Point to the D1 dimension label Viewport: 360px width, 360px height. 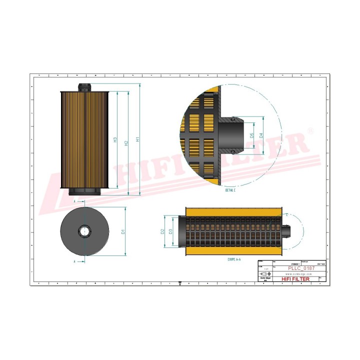click(122, 231)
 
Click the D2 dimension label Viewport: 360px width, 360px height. click(162, 231)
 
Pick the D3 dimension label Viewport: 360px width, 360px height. click(171, 231)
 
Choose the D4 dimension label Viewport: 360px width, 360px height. click(261, 135)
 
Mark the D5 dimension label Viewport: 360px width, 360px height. click(252, 135)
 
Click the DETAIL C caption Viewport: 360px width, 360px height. click(230, 190)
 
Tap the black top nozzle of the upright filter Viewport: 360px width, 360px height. click(85, 87)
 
